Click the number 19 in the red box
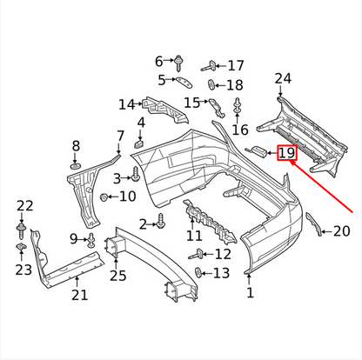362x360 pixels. pos(286,155)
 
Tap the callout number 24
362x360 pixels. pos(283,80)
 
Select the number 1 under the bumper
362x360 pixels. pos(251,293)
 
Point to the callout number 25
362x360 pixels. pos(117,276)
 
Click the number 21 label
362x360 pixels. pos(79,295)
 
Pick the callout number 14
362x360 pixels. pos(127,104)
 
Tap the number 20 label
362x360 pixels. pos(341,231)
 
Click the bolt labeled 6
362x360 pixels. pos(178,62)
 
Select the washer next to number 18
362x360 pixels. pos(211,85)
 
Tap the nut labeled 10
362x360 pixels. pos(104,197)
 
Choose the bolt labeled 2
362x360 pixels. pos(161,223)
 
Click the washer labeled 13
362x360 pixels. pos(198,274)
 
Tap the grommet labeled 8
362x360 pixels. pos(76,164)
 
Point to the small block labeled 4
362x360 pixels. pos(139,143)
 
